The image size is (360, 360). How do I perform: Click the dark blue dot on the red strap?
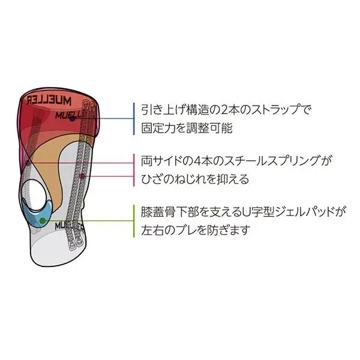pos(73,119)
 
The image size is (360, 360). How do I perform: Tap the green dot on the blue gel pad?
pos(42,221)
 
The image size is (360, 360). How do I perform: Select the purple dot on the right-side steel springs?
pos(82,176)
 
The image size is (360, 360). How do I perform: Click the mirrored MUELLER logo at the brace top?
pos(49,100)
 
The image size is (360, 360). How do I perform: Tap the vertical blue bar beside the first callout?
pos(134,119)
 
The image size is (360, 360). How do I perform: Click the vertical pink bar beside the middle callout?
pos(134,170)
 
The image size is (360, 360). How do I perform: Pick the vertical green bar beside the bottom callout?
pos(134,221)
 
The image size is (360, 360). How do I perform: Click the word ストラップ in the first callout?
pos(274,110)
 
